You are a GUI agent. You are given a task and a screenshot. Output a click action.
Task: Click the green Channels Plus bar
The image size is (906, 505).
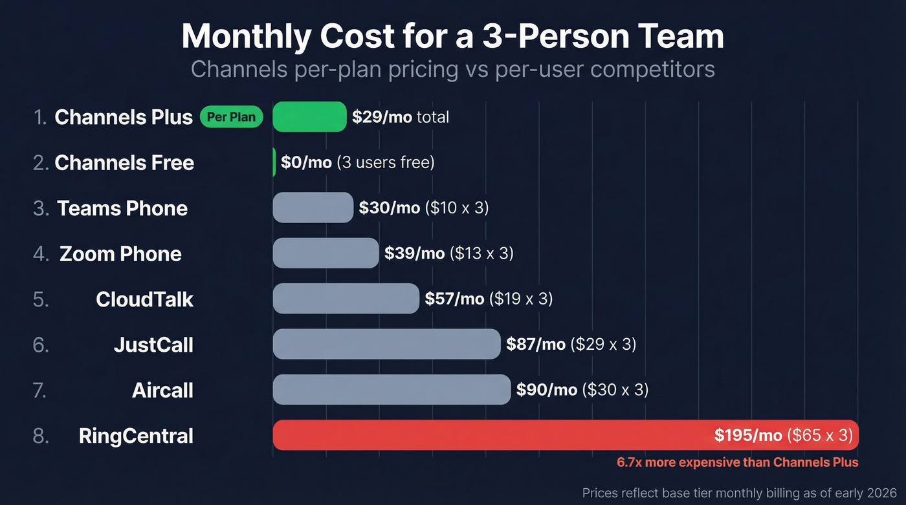pyautogui.click(x=309, y=117)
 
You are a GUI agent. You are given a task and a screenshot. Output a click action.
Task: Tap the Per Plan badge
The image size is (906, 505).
pyautogui.click(x=232, y=117)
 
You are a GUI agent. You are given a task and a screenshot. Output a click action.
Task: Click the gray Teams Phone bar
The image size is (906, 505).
pyautogui.click(x=313, y=208)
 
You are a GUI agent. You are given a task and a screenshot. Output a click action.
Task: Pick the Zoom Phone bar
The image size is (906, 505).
pyautogui.click(x=326, y=253)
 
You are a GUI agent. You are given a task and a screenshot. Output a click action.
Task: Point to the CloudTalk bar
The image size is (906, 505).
pyautogui.click(x=346, y=299)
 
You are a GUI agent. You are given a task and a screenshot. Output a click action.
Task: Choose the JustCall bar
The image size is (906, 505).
pyautogui.click(x=386, y=344)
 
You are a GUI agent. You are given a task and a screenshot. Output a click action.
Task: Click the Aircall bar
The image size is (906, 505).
pyautogui.click(x=392, y=390)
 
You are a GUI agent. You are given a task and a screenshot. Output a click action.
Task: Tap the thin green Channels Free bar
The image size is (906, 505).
pyautogui.click(x=274, y=162)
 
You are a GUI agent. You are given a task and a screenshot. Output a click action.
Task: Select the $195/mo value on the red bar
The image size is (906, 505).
pyautogui.click(x=749, y=435)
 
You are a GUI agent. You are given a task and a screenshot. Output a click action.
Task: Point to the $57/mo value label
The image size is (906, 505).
pyautogui.click(x=454, y=299)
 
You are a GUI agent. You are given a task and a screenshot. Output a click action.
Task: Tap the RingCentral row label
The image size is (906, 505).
pyautogui.click(x=136, y=436)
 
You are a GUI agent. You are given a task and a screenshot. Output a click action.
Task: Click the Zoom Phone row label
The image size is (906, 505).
pyautogui.click(x=120, y=253)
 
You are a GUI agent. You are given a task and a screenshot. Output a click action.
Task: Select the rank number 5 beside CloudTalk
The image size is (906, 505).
pyautogui.click(x=40, y=299)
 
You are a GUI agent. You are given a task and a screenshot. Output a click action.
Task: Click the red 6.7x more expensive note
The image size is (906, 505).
pyautogui.click(x=737, y=462)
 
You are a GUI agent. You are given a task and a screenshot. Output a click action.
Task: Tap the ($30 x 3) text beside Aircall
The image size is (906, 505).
pyautogui.click(x=615, y=390)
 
